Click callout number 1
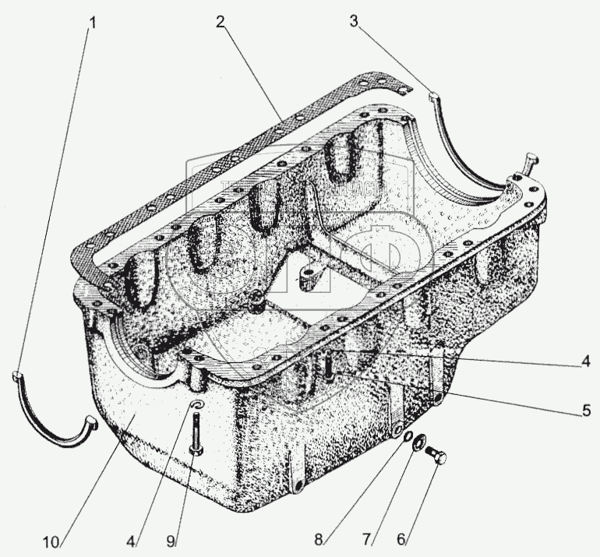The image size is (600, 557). coord(93,23)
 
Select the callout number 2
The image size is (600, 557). coord(221,22)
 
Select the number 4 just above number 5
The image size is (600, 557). coord(583,361)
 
